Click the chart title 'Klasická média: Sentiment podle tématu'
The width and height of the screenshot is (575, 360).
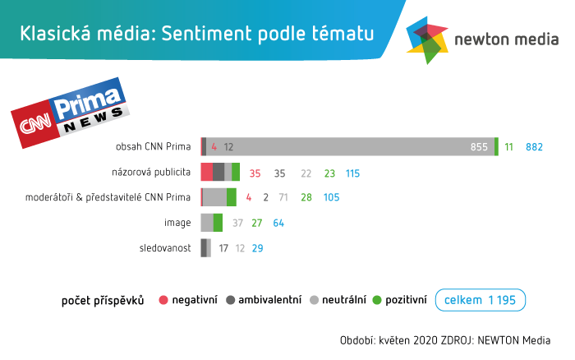tap(196, 34)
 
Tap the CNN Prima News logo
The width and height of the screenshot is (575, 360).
tap(70, 112)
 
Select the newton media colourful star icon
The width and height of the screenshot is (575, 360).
tap(428, 39)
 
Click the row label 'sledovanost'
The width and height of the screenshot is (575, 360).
tap(167, 247)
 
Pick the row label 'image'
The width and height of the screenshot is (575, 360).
tap(178, 223)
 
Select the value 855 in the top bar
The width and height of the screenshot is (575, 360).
tap(479, 147)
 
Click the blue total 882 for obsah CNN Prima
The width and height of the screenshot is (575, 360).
tap(535, 147)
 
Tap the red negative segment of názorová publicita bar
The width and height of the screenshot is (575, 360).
tap(206, 172)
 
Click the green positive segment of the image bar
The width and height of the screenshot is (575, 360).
tap(218, 223)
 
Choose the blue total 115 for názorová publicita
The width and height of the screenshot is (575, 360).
tap(353, 173)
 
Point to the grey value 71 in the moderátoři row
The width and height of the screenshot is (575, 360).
tap(283, 198)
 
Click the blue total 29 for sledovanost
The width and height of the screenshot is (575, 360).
tap(257, 248)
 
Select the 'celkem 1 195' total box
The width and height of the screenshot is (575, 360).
tap(480, 300)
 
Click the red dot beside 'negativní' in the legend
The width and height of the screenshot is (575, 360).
tap(163, 300)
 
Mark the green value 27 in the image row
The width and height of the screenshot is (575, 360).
tap(256, 223)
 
